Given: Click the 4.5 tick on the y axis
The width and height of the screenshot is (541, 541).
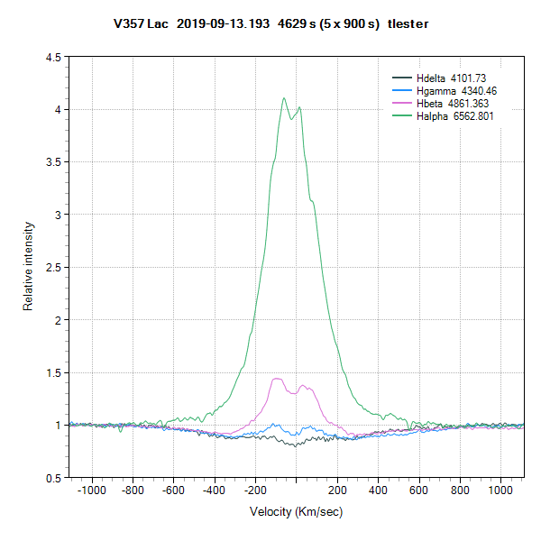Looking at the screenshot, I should pyautogui.click(x=52, y=57).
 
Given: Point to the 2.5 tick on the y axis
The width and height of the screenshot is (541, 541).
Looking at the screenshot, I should pyautogui.click(x=52, y=267).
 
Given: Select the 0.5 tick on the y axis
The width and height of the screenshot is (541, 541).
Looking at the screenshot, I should pyautogui.click(x=52, y=477).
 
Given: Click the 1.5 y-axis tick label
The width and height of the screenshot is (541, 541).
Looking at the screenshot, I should pyautogui.click(x=52, y=372).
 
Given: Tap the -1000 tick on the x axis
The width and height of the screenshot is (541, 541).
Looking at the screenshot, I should pyautogui.click(x=91, y=491).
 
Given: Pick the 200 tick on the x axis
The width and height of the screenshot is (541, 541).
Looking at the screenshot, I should pyautogui.click(x=337, y=491).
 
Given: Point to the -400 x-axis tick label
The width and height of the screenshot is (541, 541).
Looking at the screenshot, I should pyautogui.click(x=214, y=491).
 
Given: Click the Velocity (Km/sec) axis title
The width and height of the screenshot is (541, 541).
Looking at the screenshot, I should pyautogui.click(x=296, y=511).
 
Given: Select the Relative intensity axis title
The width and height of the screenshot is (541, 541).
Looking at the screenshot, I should pyautogui.click(x=28, y=268).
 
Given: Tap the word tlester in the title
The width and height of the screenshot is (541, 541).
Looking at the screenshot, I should pyautogui.click(x=408, y=24).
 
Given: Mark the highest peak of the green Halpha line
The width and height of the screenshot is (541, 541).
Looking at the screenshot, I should pyautogui.click(x=284, y=98).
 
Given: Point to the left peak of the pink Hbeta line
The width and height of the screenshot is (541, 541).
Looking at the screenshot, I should pyautogui.click(x=277, y=379).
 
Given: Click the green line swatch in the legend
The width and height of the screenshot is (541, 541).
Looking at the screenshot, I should pyautogui.click(x=401, y=116).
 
